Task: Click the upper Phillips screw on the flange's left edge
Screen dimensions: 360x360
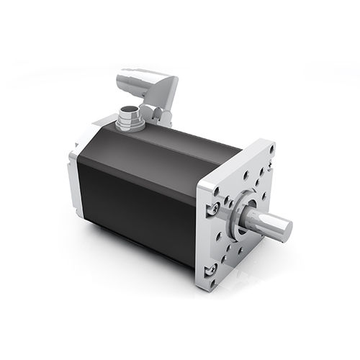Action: tap(214, 207)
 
